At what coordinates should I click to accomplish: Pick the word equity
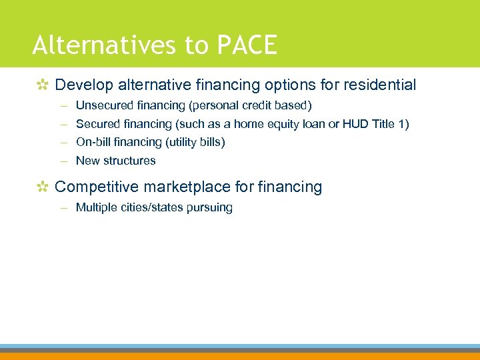[x=284, y=124]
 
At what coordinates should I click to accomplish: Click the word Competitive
[x=97, y=187]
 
